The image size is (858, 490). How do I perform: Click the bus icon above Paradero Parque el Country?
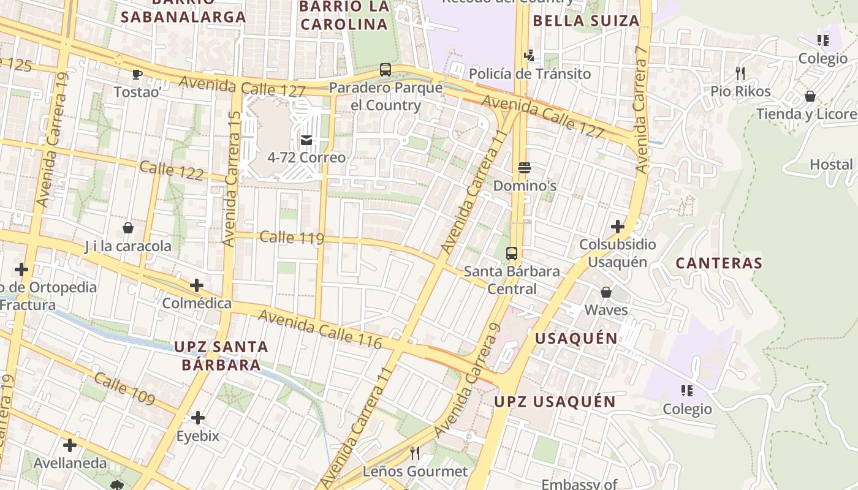tap(385, 70)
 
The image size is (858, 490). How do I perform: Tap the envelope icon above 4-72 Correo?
tap(306, 140)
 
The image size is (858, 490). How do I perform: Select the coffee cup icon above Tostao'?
tap(137, 74)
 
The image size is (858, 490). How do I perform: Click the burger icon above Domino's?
tap(524, 168)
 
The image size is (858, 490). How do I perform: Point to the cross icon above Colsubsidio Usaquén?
tap(617, 227)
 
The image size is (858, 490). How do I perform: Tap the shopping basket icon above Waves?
tap(606, 292)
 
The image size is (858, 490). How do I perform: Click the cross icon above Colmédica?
tap(196, 285)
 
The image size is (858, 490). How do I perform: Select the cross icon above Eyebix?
tap(197, 418)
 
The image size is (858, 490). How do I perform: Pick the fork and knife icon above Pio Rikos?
tap(740, 73)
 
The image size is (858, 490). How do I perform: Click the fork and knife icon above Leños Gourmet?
tap(415, 453)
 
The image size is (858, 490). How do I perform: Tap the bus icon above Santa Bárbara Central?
tap(511, 254)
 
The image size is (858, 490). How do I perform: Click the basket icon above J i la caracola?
tap(128, 228)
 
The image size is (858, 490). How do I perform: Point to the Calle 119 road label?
tap(292, 238)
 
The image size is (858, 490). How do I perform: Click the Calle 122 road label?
tap(172, 171)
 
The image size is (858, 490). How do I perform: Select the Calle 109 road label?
tap(124, 388)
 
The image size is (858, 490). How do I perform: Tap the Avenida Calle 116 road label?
tap(320, 330)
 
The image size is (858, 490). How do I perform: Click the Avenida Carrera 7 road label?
tap(642, 109)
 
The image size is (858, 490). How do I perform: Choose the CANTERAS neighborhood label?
tap(719, 263)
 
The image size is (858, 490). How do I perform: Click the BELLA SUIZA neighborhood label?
tap(586, 21)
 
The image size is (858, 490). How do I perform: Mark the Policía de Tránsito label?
tap(530, 74)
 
